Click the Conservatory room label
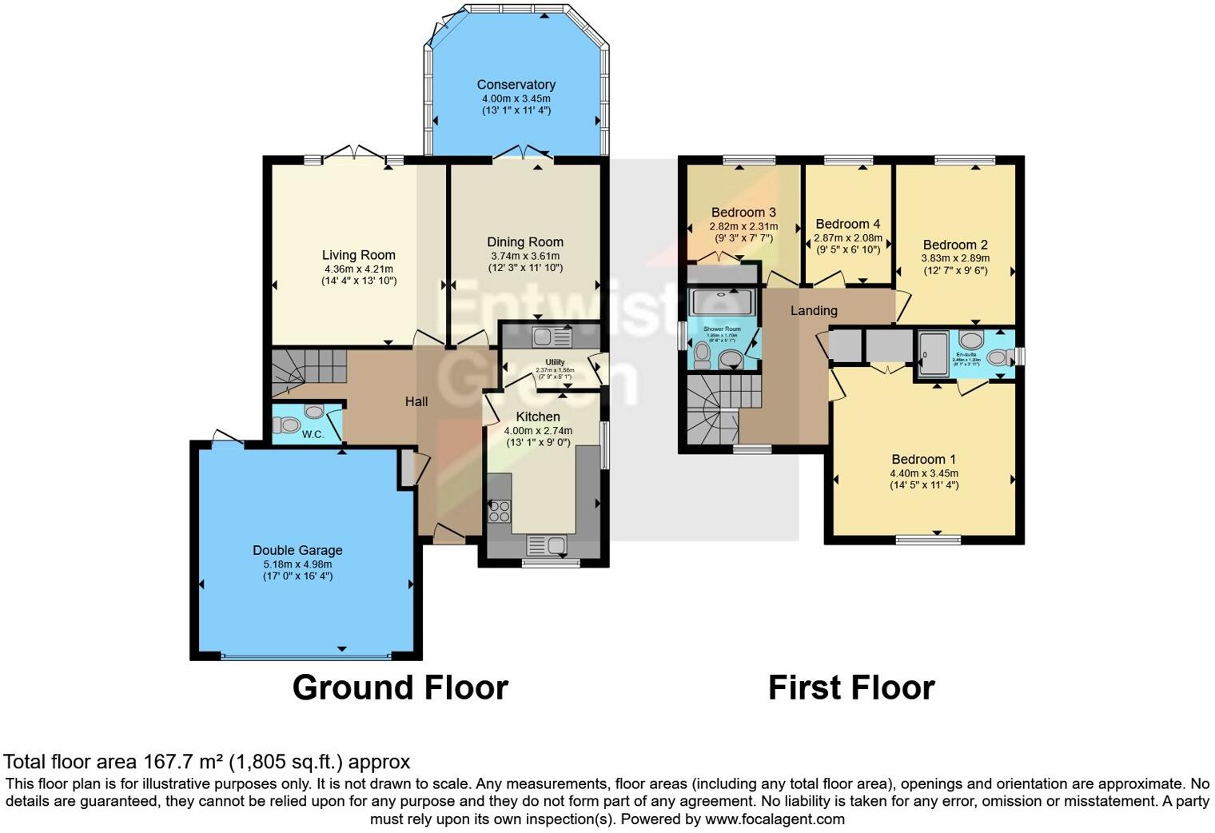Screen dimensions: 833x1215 (516, 85)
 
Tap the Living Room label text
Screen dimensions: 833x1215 (358, 256)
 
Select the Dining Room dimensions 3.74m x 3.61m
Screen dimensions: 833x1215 (525, 256)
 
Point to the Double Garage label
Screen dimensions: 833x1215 (297, 550)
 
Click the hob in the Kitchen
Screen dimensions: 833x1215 (500, 511)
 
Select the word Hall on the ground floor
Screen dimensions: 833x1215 (416, 401)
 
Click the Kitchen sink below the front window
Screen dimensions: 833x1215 (547, 545)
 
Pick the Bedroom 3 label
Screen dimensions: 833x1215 (743, 213)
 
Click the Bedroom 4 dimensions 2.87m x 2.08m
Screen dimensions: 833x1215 (848, 238)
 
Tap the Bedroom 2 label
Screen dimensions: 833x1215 (955, 245)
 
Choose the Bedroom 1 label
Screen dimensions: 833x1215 (923, 459)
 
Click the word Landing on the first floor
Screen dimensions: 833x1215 (814, 311)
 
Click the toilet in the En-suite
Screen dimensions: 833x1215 (997, 357)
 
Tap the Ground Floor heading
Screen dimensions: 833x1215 (400, 688)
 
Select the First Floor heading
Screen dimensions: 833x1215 (850, 688)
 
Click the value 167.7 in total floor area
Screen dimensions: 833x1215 (164, 762)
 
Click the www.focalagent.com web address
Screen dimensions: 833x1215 (775, 819)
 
